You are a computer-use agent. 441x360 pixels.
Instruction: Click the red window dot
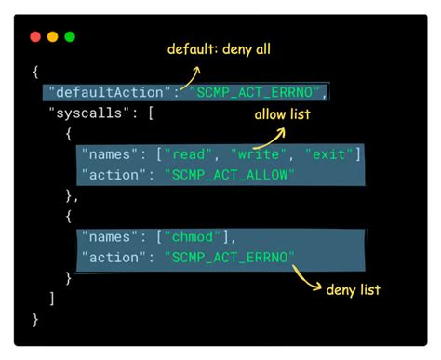(35, 37)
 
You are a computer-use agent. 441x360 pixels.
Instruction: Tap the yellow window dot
(52, 37)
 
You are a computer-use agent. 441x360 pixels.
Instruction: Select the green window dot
(69, 37)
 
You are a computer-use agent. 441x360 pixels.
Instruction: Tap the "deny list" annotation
(352, 289)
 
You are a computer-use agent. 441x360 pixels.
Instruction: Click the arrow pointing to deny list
(307, 276)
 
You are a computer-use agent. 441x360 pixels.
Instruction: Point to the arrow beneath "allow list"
(260, 137)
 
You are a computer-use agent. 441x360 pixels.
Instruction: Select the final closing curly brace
(35, 319)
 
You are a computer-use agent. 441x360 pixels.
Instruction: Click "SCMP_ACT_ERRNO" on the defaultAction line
(259, 92)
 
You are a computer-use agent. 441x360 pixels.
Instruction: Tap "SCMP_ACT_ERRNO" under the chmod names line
(229, 257)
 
